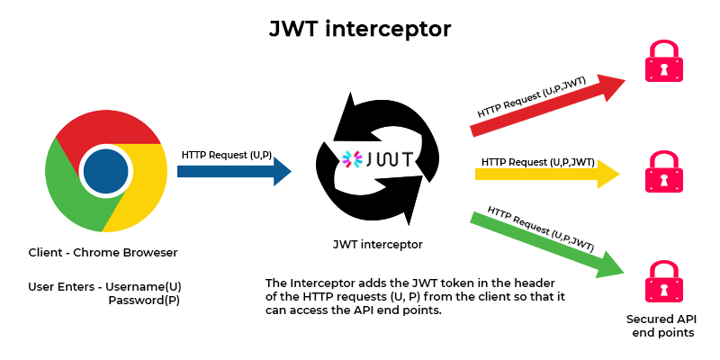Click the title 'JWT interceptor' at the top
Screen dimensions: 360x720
click(360, 29)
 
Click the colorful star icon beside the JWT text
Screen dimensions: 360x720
click(351, 160)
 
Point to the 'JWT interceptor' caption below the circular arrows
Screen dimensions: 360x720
click(377, 244)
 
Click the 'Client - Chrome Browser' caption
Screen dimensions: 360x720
click(103, 252)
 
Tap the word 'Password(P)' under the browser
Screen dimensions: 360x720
click(144, 301)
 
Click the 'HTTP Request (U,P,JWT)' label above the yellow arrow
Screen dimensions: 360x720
click(537, 162)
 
